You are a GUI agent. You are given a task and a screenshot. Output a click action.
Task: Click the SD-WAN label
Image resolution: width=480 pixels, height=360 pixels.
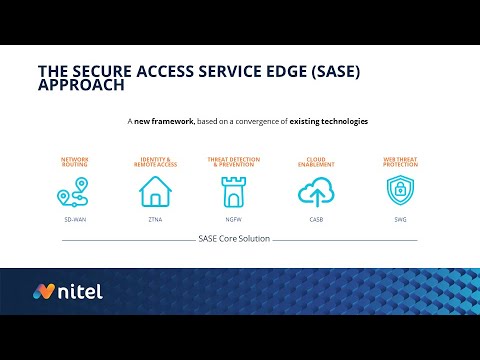[x=74, y=218]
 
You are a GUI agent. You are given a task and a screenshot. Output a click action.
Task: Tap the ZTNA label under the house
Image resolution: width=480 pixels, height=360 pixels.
[x=154, y=218]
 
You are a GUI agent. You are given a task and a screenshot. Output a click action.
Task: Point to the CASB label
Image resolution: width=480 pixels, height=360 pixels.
[x=314, y=218]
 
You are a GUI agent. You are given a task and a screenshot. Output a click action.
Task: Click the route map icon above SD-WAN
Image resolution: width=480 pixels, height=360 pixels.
[x=74, y=190]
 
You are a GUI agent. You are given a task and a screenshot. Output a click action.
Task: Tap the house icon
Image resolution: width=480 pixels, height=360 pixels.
[x=154, y=190]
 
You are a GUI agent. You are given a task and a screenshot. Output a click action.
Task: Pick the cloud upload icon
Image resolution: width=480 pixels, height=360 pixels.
[x=314, y=190]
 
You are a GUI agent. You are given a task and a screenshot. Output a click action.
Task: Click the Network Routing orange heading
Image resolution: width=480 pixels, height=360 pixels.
[x=75, y=161]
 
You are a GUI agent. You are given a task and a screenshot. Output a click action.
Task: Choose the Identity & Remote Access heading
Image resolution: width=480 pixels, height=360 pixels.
[x=154, y=161]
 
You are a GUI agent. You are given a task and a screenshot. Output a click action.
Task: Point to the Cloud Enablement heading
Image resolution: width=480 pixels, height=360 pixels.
[x=314, y=161]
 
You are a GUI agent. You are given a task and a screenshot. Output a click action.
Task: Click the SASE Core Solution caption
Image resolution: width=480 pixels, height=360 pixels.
[x=234, y=239]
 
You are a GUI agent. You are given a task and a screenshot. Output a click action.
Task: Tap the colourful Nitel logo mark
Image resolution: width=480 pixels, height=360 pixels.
[x=45, y=292]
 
